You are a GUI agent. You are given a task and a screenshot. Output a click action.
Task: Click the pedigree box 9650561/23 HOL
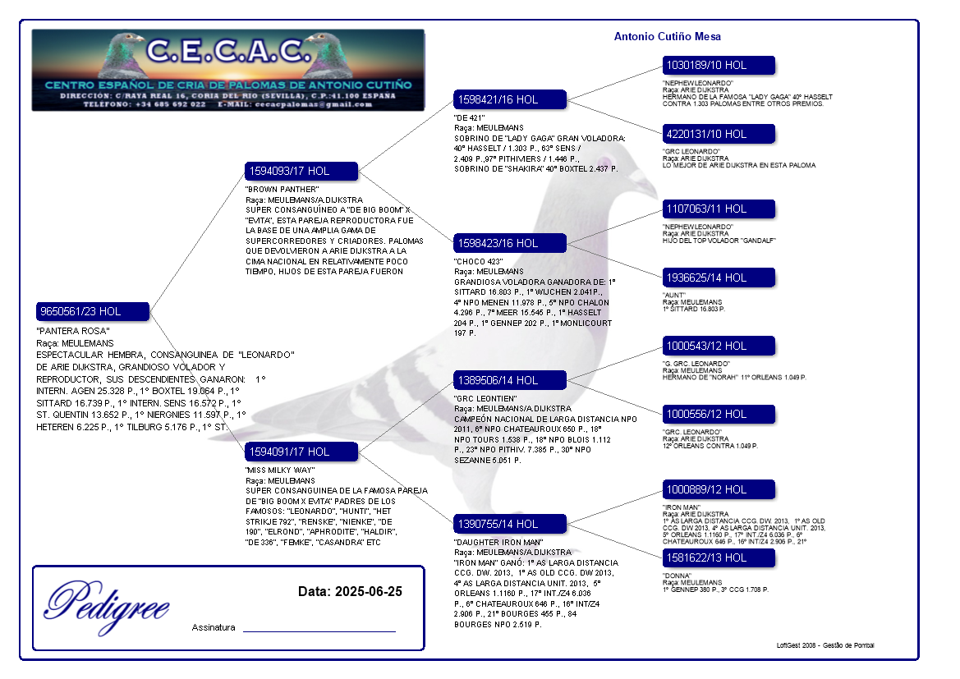point(93,312)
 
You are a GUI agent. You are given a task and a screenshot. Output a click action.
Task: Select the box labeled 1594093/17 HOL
point(301,172)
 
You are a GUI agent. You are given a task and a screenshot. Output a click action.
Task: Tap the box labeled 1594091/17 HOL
point(301,452)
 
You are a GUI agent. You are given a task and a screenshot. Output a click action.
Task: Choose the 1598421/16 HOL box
point(510,99)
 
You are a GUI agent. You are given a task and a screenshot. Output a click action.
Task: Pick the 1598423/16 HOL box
point(510,243)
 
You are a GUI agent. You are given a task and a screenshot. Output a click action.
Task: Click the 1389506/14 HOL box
point(510,380)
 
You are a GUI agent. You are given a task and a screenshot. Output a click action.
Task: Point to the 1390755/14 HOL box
point(510,524)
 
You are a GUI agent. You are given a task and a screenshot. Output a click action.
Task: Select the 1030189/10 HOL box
point(719,65)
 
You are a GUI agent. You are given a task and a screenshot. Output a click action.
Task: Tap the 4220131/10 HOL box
point(719,134)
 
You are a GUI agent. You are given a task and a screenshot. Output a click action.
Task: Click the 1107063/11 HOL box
point(719,209)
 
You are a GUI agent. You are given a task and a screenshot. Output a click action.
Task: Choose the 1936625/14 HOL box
point(719,278)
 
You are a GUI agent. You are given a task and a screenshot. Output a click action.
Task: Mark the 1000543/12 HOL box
point(719,346)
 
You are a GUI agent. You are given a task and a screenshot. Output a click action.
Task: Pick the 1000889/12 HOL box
point(719,489)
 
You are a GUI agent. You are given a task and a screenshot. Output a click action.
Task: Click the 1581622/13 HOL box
point(719,557)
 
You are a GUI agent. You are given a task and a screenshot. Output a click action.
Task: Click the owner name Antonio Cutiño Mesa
point(667,37)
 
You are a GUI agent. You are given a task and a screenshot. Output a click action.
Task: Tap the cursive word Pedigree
point(108,603)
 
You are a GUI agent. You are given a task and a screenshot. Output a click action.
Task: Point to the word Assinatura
point(214,627)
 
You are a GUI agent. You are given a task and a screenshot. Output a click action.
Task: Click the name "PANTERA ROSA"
point(73,331)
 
